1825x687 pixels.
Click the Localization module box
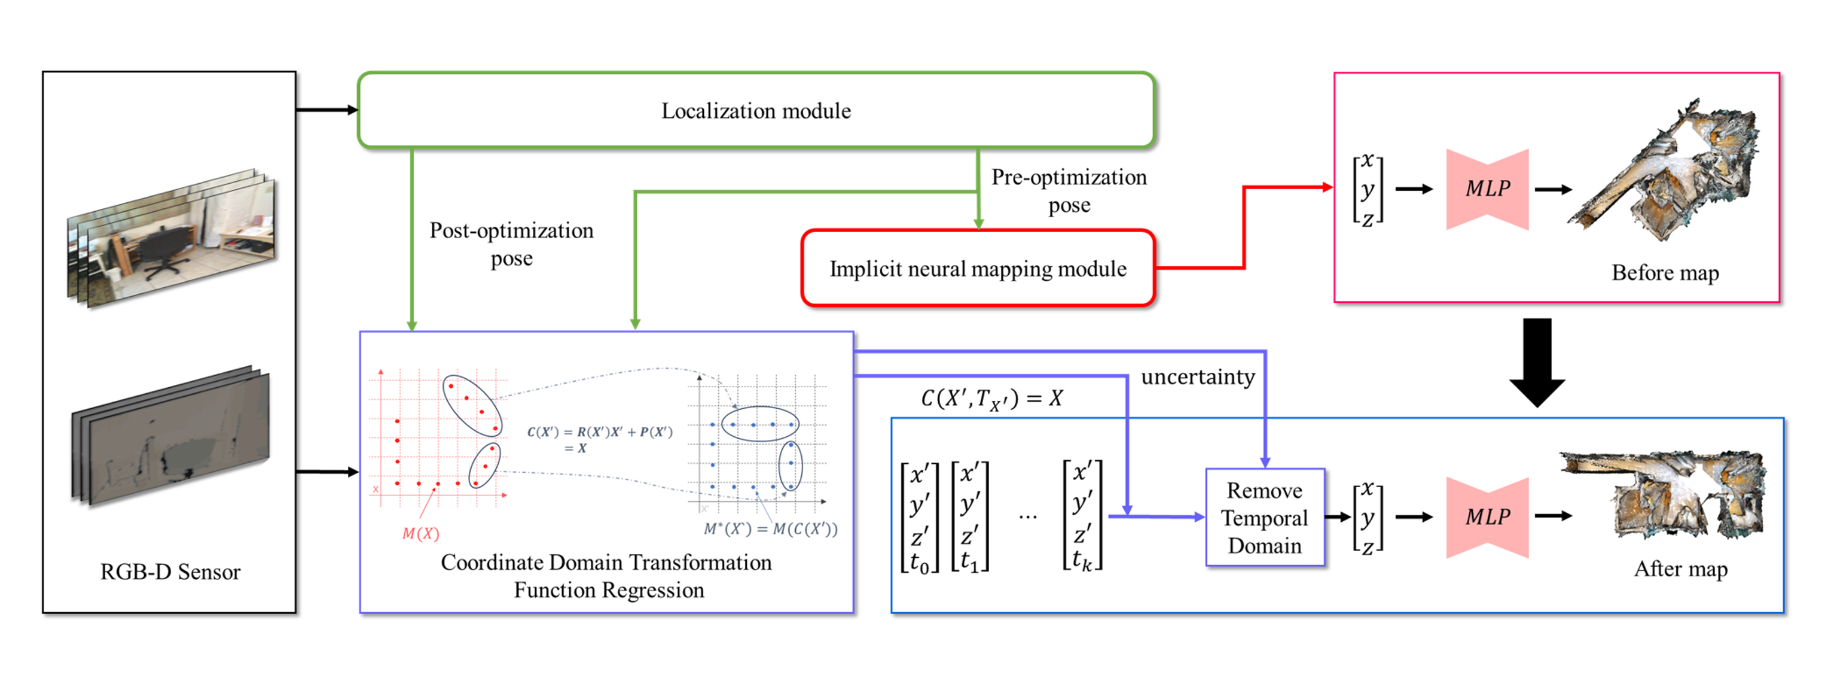tap(756, 111)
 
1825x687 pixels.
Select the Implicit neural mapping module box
tap(978, 269)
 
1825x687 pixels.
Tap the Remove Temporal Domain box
tap(1265, 518)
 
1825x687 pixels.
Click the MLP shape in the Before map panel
tap(1487, 189)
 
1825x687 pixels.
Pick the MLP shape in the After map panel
tap(1487, 517)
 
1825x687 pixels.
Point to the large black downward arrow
tap(1537, 361)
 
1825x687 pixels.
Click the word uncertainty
tap(1197, 376)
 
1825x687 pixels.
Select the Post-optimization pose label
tap(511, 244)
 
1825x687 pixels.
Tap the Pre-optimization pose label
tap(1069, 191)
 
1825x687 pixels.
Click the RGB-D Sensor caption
tap(170, 572)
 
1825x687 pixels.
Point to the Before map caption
tap(1665, 273)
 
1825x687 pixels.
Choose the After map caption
tap(1680, 569)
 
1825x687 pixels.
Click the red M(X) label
tap(421, 533)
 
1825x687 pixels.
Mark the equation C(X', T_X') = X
tap(991, 399)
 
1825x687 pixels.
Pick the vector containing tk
tap(1082, 515)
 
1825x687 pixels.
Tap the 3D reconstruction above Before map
tap(1665, 174)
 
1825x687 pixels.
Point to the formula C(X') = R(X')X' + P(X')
tap(599, 439)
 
